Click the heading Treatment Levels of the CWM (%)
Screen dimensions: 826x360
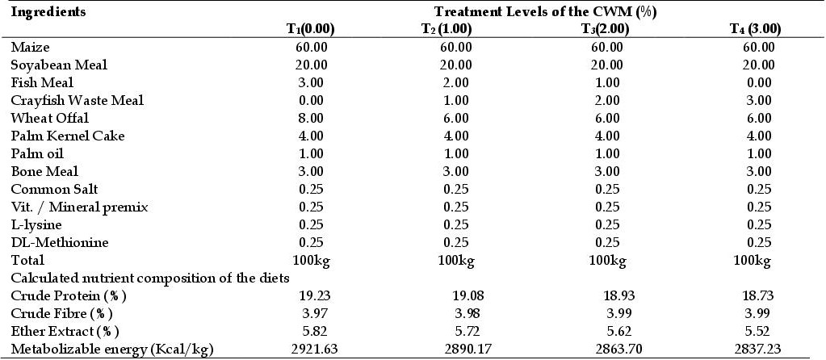click(545, 12)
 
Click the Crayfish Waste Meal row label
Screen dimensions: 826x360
click(77, 101)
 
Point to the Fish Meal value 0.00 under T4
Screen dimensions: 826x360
click(758, 82)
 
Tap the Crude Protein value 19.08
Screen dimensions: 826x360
click(468, 295)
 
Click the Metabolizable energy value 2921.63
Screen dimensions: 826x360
click(313, 349)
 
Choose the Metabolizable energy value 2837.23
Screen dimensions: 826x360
click(758, 349)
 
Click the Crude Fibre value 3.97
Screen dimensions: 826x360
click(313, 313)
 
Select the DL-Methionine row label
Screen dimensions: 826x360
click(60, 243)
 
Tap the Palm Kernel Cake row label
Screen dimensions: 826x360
click(68, 136)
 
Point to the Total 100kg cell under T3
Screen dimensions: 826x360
click(608, 260)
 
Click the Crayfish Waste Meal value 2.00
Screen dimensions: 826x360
click(608, 101)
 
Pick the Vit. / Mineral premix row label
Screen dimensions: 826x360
click(80, 207)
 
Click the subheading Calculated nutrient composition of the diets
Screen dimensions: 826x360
click(150, 278)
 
